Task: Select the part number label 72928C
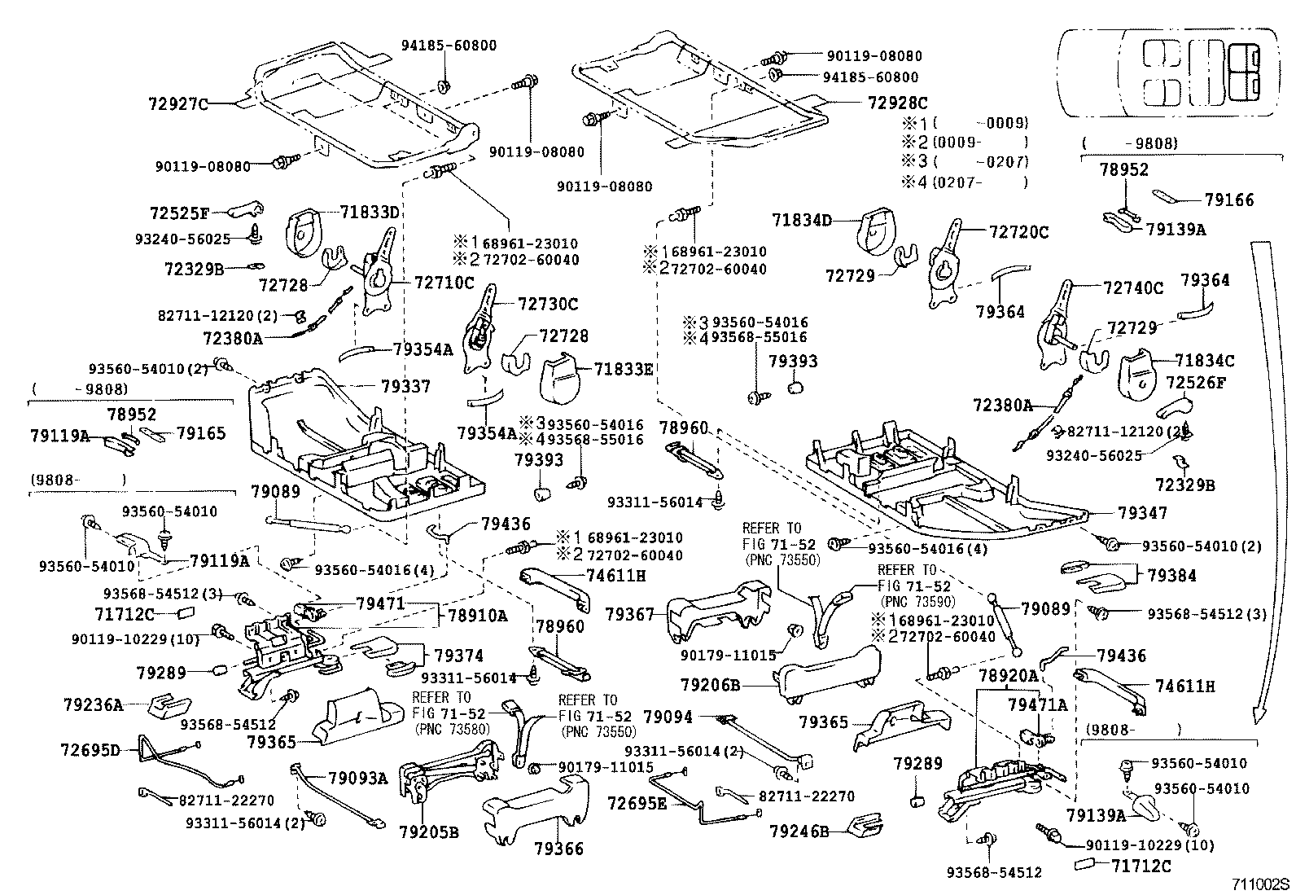(x=897, y=103)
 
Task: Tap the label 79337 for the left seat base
(x=404, y=385)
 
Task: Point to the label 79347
(x=1142, y=512)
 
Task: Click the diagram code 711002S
(x=1261, y=884)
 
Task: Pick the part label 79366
(x=558, y=849)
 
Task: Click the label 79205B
(x=429, y=832)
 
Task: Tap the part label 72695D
(x=90, y=748)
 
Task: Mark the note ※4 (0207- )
(x=965, y=182)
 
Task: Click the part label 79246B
(x=799, y=831)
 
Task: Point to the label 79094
(x=668, y=717)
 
